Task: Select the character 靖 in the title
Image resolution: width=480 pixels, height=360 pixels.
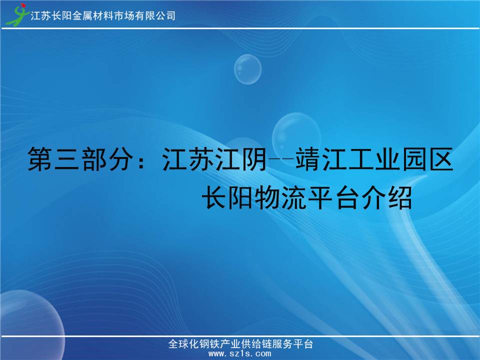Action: tap(308, 159)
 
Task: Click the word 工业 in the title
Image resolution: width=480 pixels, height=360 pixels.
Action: tap(375, 159)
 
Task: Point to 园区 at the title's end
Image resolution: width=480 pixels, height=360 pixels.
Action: tap(427, 159)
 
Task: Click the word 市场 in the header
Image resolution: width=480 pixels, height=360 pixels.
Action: tap(124, 15)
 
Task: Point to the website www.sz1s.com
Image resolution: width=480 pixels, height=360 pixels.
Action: tap(239, 354)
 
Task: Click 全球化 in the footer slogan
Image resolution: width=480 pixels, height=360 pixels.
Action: tap(183, 344)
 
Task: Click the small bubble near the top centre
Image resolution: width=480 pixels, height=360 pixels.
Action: tap(247, 69)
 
